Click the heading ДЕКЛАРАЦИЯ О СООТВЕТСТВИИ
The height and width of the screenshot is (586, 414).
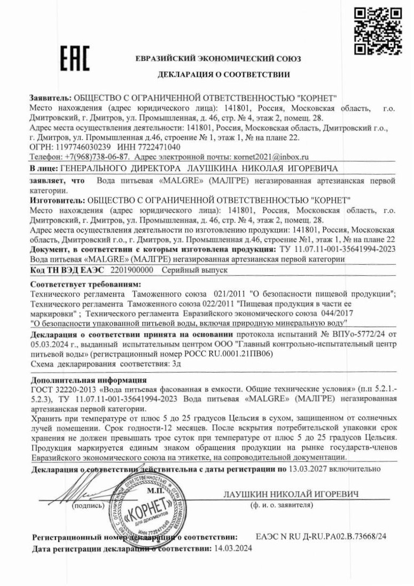pyautogui.click(x=223, y=74)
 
